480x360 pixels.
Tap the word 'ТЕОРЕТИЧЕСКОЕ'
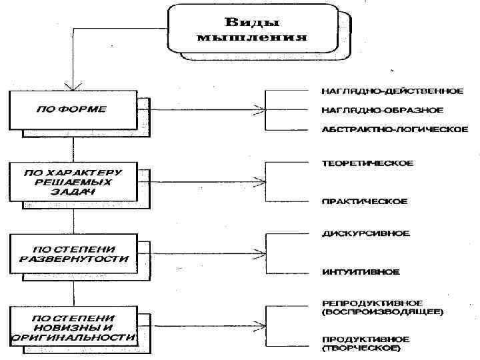click(367, 163)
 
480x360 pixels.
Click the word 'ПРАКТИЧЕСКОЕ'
click(364, 201)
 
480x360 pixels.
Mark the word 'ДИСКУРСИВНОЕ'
click(366, 233)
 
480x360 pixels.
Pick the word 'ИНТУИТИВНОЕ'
click(361, 271)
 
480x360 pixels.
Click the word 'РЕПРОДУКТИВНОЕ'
click(371, 303)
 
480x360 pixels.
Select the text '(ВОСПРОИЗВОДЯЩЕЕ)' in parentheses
click(383, 311)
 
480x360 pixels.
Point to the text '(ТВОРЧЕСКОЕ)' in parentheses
click(361, 348)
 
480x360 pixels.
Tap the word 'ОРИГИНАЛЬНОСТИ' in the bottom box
click(73, 337)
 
